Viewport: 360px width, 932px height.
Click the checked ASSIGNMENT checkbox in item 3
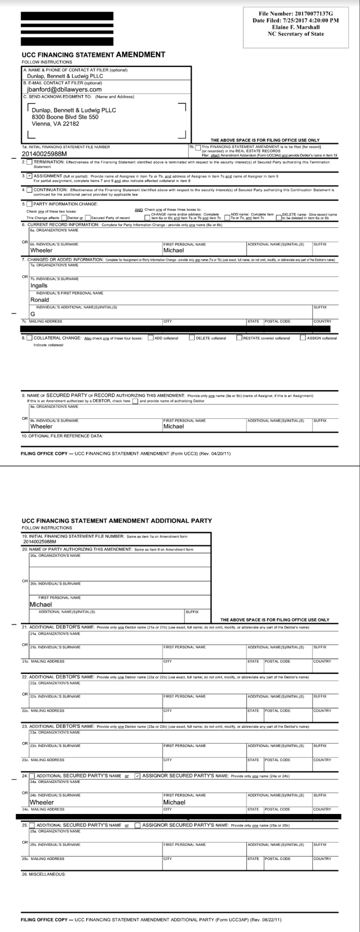coord(29,176)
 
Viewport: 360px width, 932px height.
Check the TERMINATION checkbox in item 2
coord(29,162)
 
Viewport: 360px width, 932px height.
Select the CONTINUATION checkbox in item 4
coord(29,190)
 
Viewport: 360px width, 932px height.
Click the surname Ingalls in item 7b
coord(39,285)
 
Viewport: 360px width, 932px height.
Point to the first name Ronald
coord(39,300)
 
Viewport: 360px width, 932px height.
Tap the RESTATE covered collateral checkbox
coord(238,338)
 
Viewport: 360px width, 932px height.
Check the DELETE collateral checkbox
coord(191,338)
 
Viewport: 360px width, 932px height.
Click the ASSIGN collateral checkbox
coord(302,338)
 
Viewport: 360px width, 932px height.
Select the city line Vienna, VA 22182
coord(55,124)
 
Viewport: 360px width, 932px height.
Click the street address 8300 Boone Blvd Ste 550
coord(65,117)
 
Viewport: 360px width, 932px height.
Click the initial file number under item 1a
coord(44,154)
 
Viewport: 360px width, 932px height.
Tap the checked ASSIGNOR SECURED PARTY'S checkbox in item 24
coord(137,776)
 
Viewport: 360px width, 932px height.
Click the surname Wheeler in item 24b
coord(41,802)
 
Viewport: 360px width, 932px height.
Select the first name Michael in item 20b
coord(40,604)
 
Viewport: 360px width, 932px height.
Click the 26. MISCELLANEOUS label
coord(43,874)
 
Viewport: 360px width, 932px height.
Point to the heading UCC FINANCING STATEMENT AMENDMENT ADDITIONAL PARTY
coord(116,520)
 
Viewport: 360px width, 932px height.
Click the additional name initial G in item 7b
coord(32,314)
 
